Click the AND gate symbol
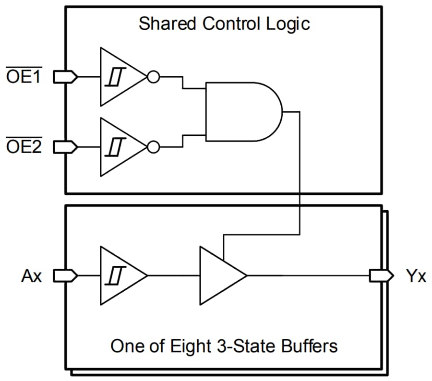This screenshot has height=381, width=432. click(242, 111)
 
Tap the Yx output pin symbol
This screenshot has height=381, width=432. click(381, 275)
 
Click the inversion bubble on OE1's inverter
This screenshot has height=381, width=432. click(153, 77)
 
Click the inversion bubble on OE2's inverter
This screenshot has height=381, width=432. click(153, 146)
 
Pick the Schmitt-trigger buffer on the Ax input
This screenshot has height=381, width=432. click(120, 275)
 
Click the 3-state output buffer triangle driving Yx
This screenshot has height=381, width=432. click(219, 275)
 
